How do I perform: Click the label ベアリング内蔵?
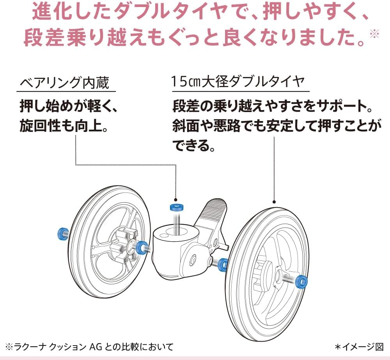pyautogui.click(x=64, y=82)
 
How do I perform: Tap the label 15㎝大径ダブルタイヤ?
pyautogui.click(x=238, y=82)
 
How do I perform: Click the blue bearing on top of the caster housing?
pyautogui.click(x=177, y=207)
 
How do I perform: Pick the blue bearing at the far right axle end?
pyautogui.click(x=301, y=281)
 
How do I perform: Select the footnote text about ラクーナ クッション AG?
pyautogui.click(x=89, y=346)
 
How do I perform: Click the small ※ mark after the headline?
pyautogui.click(x=374, y=34)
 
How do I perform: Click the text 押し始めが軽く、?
pyautogui.click(x=68, y=106)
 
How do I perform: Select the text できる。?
pyautogui.click(x=194, y=146)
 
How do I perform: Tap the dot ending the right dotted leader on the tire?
pyautogui.click(x=274, y=202)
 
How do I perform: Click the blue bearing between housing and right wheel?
pyautogui.click(x=223, y=264)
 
